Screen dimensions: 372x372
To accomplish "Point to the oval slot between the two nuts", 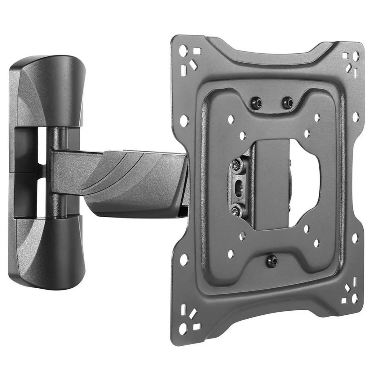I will point(237,186).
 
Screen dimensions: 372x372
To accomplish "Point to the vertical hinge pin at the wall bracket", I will point(58,174).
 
